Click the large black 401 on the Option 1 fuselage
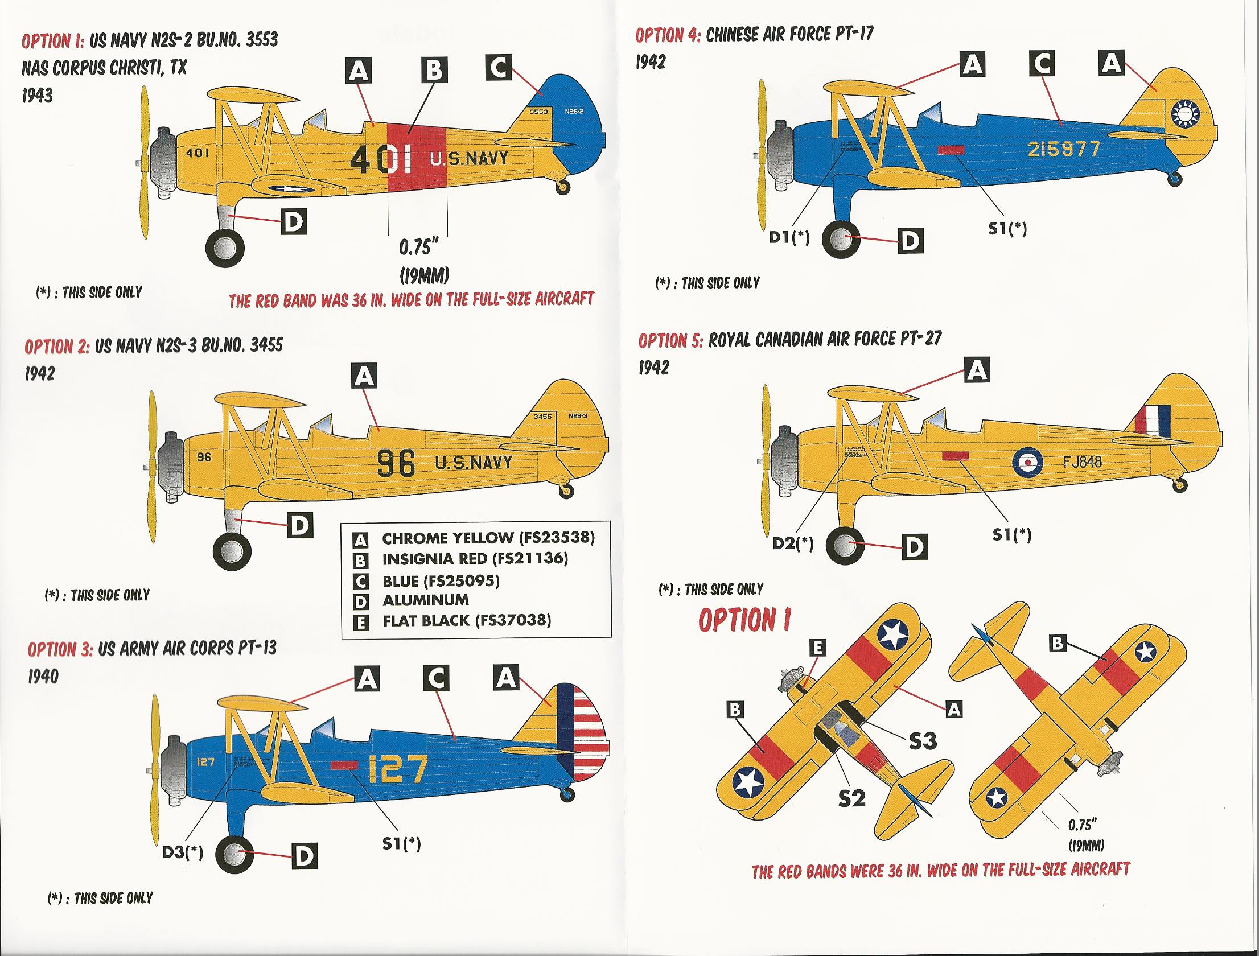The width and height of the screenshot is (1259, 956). click(x=381, y=160)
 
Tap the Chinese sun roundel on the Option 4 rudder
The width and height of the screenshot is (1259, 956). click(x=1185, y=114)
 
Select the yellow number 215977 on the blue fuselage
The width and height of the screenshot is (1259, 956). click(x=1064, y=149)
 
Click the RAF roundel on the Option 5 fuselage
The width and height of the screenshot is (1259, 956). click(x=1027, y=461)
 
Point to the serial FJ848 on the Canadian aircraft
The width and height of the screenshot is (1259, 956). click(x=1082, y=461)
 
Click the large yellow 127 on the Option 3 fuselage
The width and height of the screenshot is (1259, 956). click(x=397, y=769)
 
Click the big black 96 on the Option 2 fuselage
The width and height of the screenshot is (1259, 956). click(x=396, y=463)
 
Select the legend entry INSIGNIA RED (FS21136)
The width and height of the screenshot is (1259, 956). click(x=475, y=559)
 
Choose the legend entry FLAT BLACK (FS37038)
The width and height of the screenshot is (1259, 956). click(x=466, y=620)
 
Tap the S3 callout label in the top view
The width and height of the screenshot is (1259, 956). click(x=922, y=741)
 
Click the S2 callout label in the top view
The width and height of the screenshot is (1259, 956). click(x=851, y=798)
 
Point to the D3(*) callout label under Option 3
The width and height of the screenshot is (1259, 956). click(x=183, y=852)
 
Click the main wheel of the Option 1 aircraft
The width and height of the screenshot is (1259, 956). click(x=225, y=248)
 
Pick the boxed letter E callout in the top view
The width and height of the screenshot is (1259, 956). click(x=818, y=648)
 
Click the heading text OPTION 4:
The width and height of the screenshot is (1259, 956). click(x=668, y=35)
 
